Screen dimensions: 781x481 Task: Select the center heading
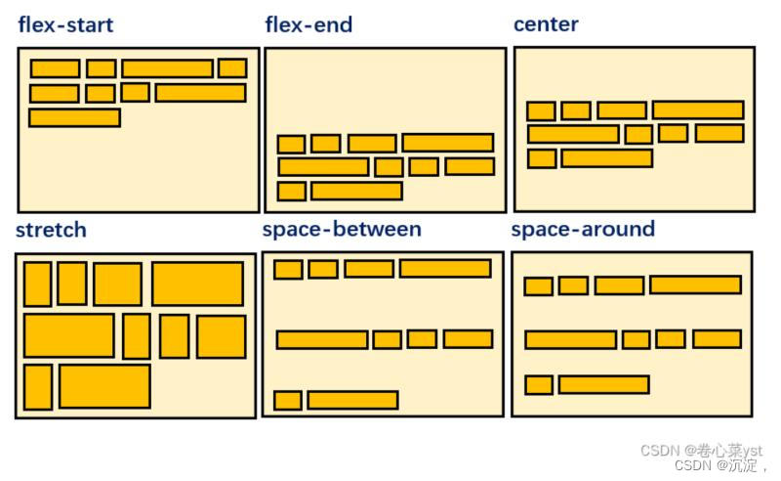click(546, 24)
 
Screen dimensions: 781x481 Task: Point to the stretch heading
click(51, 230)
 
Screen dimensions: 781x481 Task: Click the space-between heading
click(342, 229)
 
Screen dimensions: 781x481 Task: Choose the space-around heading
click(583, 229)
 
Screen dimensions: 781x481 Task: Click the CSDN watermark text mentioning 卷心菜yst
click(701, 450)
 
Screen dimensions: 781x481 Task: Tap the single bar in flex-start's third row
click(74, 117)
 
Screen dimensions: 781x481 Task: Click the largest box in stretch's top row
click(197, 284)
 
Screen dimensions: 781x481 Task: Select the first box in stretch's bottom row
click(38, 386)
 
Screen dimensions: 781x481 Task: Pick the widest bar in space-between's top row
click(445, 268)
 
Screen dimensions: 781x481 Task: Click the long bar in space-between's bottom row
click(352, 400)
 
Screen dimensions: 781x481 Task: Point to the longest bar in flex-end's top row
click(447, 143)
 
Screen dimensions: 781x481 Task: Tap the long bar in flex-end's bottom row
click(356, 191)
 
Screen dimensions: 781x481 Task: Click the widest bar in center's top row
click(698, 109)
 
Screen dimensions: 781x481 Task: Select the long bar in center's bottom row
click(606, 158)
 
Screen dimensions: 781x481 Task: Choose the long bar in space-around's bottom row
click(603, 384)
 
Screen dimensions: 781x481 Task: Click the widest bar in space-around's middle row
click(570, 339)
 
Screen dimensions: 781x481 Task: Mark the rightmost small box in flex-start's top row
click(232, 67)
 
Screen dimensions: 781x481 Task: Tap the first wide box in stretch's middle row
click(68, 335)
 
